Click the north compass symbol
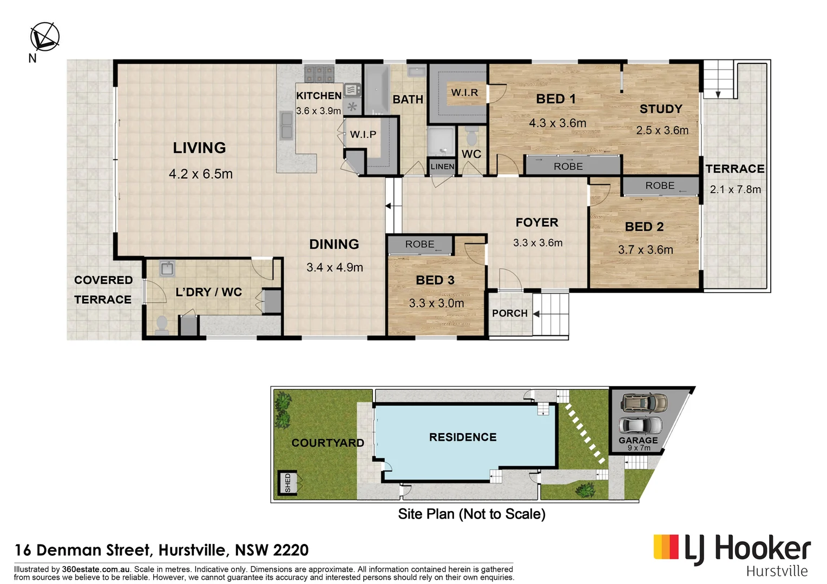pos(44,37)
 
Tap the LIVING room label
pos(199,148)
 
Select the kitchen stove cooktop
pos(319,74)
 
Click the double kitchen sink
pos(286,125)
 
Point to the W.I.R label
pos(464,92)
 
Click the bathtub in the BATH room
pos(376,89)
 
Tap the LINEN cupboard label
pos(442,167)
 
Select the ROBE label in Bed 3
pos(419,244)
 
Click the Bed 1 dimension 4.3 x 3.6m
pos(557,123)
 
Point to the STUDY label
pos(661,109)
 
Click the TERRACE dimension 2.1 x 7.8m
pos(735,190)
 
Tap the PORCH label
pos(509,314)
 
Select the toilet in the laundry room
pos(161,325)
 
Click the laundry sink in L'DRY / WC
pos(167,269)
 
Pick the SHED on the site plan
pos(287,482)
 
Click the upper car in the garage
pos(644,403)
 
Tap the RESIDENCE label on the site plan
pos(462,437)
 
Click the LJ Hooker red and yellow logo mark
pos(666,547)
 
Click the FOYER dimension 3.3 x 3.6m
pos(537,243)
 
